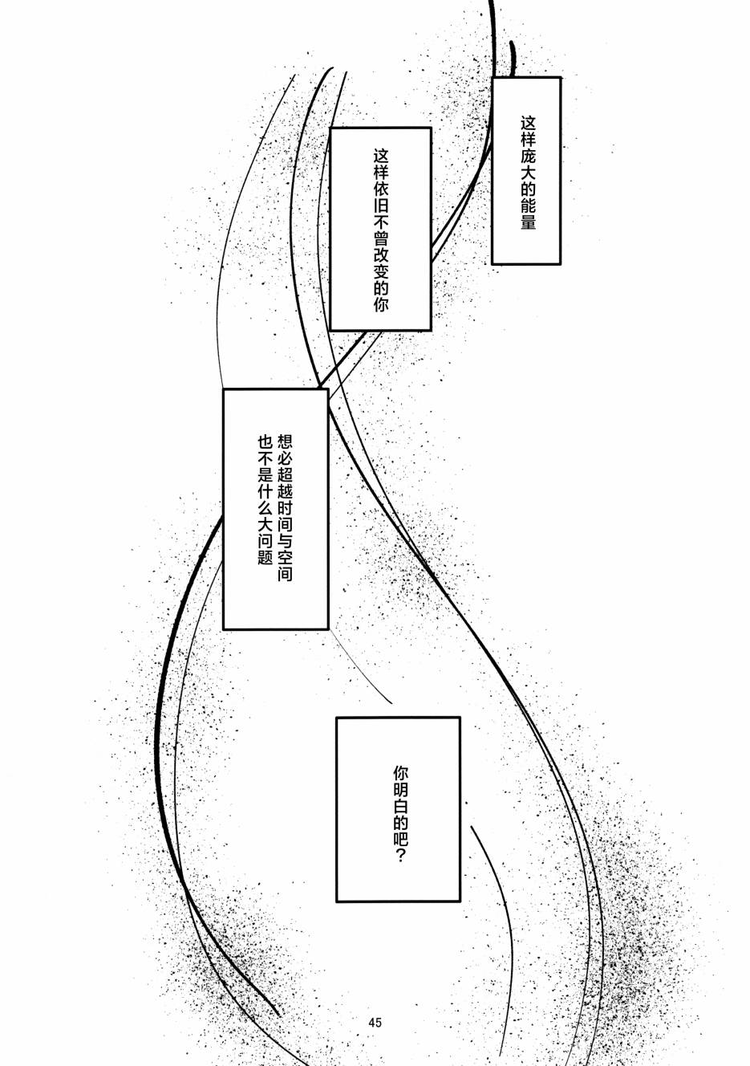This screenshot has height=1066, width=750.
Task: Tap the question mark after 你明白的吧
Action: click(x=401, y=856)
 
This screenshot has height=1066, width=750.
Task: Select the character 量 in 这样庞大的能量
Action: click(x=527, y=222)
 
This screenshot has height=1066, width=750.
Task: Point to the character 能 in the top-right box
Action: click(x=527, y=206)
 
